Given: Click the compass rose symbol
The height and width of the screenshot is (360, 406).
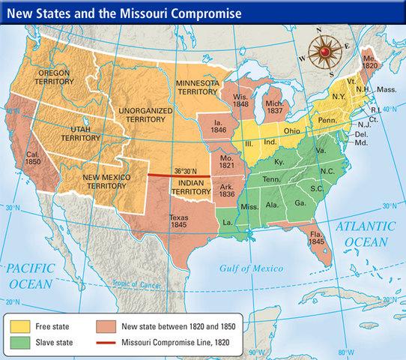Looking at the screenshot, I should pyautogui.click(x=326, y=52).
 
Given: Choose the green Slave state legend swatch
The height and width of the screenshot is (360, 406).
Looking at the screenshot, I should pyautogui.click(x=22, y=343).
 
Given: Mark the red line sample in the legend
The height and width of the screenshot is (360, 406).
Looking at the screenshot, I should pyautogui.click(x=110, y=343).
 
